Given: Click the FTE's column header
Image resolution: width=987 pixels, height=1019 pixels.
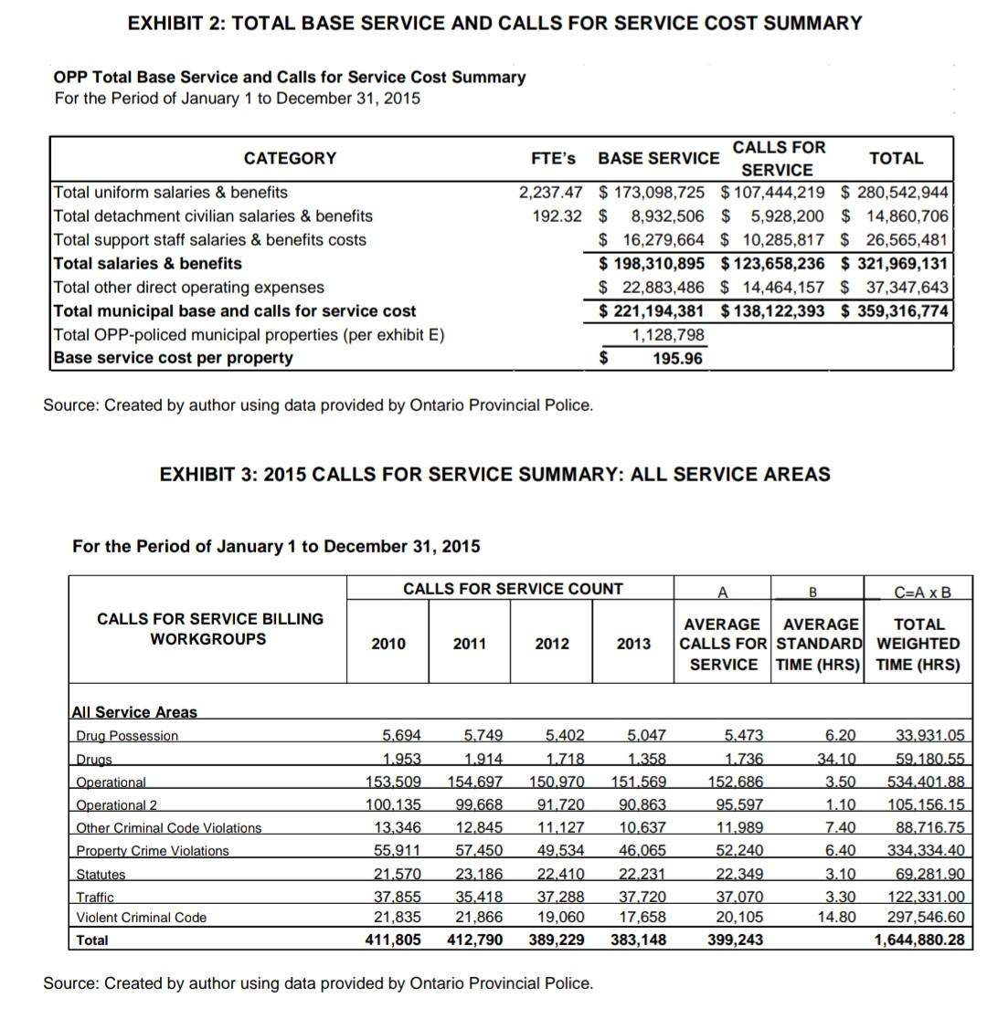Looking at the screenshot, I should point(553,158).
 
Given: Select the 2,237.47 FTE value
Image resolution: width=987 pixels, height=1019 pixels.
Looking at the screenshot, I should point(550,193).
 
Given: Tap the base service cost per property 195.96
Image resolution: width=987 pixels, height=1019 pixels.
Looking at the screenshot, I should point(677,358).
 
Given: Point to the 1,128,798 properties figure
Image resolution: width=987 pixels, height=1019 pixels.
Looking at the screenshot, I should point(667,334).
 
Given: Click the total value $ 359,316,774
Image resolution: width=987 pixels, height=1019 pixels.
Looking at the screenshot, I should point(895,310).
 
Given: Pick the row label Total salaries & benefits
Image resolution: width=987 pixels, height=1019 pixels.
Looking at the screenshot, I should point(148,264).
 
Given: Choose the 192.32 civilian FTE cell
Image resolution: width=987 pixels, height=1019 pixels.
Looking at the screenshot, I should point(557,216).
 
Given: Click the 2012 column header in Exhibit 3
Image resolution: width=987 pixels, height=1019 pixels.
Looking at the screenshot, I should point(552,644).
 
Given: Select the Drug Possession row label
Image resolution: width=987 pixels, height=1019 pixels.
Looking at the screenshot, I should point(127,736).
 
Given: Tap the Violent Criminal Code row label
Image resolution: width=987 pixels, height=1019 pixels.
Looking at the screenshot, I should point(142,917).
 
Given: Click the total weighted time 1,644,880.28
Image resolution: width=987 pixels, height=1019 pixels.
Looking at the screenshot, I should point(919,940).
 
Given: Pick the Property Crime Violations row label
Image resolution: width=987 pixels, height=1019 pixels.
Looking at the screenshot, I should point(153,851).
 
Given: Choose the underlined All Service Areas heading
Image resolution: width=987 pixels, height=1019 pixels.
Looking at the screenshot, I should point(134,712).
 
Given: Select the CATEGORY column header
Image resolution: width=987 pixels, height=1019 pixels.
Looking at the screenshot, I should point(290,159).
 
